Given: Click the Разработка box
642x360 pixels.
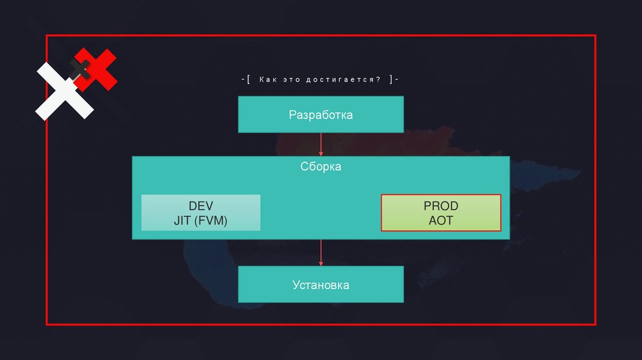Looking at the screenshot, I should click(320, 115).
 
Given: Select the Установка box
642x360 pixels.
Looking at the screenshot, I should click(320, 285).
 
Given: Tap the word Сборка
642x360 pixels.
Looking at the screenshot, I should click(320, 167).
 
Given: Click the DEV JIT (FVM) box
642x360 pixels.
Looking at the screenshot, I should click(201, 213).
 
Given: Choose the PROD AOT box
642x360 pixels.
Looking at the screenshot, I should click(441, 213).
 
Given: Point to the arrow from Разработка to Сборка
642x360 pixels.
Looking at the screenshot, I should click(321, 144).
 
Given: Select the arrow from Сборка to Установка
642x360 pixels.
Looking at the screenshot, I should click(321, 252).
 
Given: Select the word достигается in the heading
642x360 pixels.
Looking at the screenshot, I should click(342, 80).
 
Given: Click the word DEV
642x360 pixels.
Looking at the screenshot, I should click(201, 206).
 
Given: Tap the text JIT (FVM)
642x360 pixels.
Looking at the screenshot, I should click(201, 220).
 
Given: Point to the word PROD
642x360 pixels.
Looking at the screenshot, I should click(441, 206).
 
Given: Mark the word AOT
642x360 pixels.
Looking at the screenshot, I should click(441, 220).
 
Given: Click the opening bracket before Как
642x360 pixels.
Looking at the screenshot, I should click(249, 80).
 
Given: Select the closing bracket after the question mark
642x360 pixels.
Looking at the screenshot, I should click(390, 80).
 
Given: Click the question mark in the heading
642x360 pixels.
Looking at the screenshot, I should click(379, 80).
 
